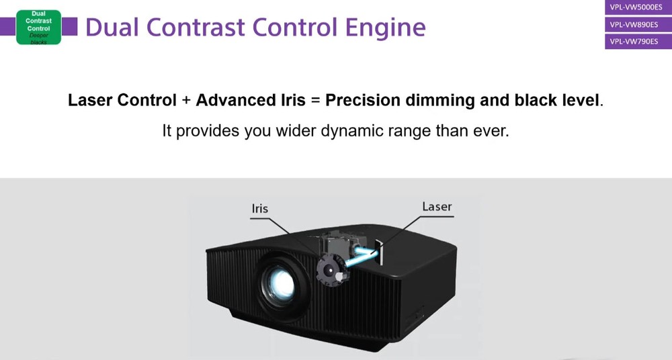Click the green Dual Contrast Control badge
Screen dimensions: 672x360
click(x=38, y=27)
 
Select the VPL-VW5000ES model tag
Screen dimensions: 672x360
click(x=638, y=7)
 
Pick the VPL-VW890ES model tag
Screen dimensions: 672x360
click(x=638, y=24)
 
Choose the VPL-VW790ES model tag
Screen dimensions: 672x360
click(x=638, y=42)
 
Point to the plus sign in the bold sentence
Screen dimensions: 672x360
click(x=186, y=101)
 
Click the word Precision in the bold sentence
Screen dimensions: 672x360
click(x=363, y=100)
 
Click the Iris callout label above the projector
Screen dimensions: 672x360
click(x=259, y=209)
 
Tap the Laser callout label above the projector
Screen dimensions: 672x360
click(x=437, y=207)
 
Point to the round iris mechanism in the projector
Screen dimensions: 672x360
click(x=331, y=270)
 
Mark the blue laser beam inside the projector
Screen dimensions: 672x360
click(x=361, y=257)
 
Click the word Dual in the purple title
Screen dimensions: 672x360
click(x=112, y=27)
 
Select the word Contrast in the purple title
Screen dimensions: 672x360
click(x=196, y=27)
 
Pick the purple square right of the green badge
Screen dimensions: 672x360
click(x=69, y=26)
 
